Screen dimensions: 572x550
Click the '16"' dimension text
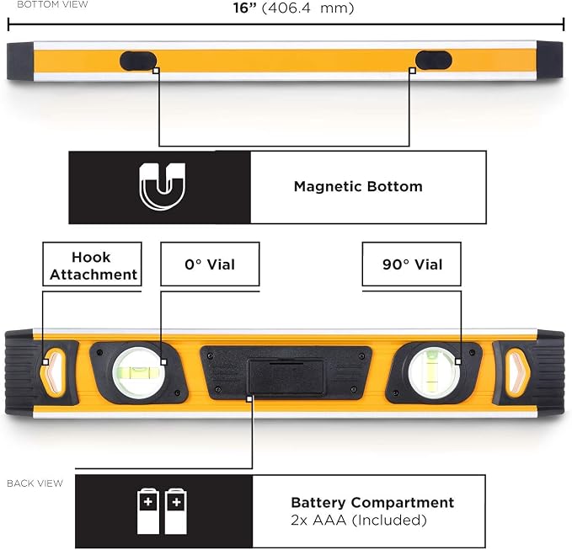pos(245,8)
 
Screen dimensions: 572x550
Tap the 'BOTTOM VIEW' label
pos(52,4)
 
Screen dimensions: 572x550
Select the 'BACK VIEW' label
pos(35,483)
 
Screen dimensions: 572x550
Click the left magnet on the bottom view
pos(138,61)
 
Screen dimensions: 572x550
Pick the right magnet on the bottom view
pos(434,60)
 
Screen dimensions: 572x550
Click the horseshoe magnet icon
pos(163,186)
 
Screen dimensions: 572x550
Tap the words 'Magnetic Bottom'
pos(358,186)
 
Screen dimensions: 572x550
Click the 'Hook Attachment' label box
pos(92,264)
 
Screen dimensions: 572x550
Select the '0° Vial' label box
pos(210,264)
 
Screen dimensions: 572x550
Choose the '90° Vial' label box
pos(411,264)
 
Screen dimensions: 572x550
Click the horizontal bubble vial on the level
pos(138,371)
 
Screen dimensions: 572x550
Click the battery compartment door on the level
pos(286,377)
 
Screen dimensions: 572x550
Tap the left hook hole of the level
pos(53,371)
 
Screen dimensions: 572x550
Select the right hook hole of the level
pos(517,371)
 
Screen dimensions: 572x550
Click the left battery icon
pos(148,511)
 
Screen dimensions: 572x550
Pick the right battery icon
pos(176,511)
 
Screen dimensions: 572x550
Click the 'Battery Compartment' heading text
pos(372,503)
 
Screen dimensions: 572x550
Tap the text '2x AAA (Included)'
pos(359,521)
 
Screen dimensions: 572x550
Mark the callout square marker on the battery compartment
pos(249,399)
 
